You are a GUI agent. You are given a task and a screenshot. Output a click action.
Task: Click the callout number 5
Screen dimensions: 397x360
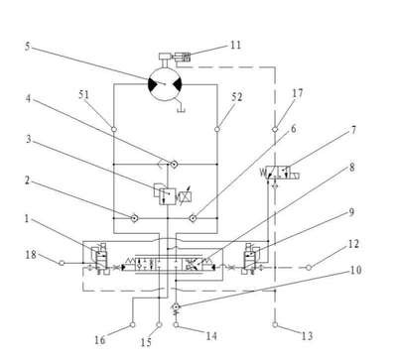click(x=28, y=47)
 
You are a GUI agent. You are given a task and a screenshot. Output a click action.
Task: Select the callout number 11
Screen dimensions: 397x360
click(x=235, y=45)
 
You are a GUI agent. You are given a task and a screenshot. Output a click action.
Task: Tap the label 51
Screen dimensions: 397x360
click(x=83, y=95)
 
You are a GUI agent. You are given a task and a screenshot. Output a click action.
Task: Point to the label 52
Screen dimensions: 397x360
click(x=237, y=97)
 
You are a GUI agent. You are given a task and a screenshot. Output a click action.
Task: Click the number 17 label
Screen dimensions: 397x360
click(x=298, y=93)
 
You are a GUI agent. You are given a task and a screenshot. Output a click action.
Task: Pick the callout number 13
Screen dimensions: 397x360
click(x=307, y=336)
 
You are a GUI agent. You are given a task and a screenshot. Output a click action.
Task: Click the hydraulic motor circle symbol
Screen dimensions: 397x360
click(x=165, y=84)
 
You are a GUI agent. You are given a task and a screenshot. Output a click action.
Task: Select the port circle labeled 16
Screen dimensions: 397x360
click(x=132, y=325)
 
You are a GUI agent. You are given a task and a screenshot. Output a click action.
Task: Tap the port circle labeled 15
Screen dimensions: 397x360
click(x=159, y=325)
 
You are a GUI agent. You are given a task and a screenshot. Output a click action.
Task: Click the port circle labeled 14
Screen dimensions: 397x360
click(x=176, y=325)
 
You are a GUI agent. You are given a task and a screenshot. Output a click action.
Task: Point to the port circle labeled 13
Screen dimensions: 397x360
click(x=275, y=325)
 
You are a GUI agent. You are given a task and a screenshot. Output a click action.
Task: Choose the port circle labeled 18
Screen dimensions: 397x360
click(x=62, y=263)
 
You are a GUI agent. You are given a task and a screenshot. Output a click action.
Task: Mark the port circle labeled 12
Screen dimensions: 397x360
click(x=309, y=268)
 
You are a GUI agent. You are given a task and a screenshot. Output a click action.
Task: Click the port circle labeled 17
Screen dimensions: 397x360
click(x=275, y=129)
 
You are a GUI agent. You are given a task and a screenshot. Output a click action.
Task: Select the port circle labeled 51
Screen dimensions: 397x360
click(x=113, y=129)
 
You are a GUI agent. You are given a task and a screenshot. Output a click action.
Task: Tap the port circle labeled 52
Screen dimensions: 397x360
click(x=217, y=129)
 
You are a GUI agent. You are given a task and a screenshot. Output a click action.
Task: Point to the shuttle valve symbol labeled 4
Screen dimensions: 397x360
click(x=173, y=164)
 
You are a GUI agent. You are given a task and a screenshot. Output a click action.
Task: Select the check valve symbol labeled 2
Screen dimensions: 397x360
click(x=134, y=218)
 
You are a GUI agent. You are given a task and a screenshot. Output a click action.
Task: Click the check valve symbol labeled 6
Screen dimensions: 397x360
click(x=193, y=218)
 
